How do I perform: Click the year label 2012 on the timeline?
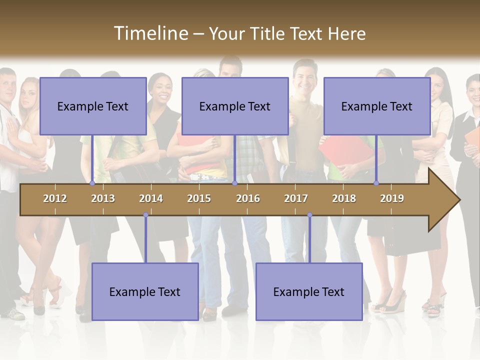pyautogui.click(x=55, y=198)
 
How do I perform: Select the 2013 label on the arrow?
pyautogui.click(x=103, y=198)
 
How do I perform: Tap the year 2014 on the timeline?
pyautogui.click(x=151, y=198)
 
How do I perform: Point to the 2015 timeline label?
pyautogui.click(x=199, y=198)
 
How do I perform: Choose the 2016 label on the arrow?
pyautogui.click(x=248, y=198)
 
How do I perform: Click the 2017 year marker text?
pyautogui.click(x=296, y=198)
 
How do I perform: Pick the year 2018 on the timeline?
pyautogui.click(x=344, y=198)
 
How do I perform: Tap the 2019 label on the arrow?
pyautogui.click(x=392, y=198)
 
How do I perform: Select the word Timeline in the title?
pyautogui.click(x=150, y=33)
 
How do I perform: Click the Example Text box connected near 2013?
pyautogui.click(x=93, y=106)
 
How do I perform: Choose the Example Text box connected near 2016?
pyautogui.click(x=235, y=106)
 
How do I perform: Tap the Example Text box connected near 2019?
pyautogui.click(x=377, y=106)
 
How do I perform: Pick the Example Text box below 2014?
pyautogui.click(x=145, y=291)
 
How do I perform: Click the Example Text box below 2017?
pyautogui.click(x=309, y=291)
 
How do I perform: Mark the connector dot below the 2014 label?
pyautogui.click(x=145, y=215)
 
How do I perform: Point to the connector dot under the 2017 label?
pyautogui.click(x=309, y=215)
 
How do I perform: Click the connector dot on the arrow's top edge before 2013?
pyautogui.click(x=92, y=183)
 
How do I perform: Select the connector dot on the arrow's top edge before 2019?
pyautogui.click(x=376, y=183)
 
